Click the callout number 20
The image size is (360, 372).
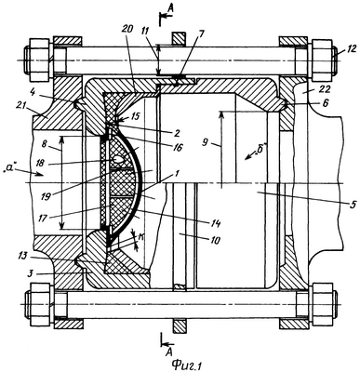pos(127,30)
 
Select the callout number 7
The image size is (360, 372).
pos(201,33)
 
